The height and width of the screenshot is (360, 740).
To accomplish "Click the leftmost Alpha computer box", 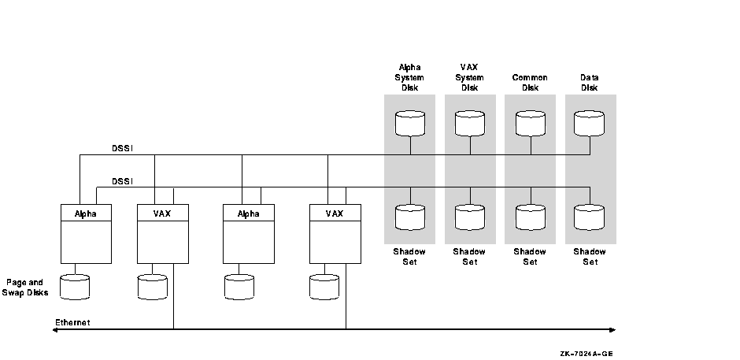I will (86, 233).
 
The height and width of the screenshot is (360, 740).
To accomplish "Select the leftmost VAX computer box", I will (163, 233).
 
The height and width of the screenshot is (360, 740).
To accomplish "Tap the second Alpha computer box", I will (249, 233).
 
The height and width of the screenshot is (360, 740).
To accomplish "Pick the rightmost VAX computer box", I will (335, 233).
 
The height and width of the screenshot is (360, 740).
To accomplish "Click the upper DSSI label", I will (122, 148).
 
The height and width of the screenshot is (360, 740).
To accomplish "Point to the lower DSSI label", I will (122, 181).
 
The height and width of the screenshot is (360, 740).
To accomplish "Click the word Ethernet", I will (72, 322).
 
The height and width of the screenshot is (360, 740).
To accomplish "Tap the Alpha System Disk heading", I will (409, 77).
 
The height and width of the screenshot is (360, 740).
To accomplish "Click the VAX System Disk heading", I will (470, 77).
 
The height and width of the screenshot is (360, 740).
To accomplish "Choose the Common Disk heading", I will (530, 83).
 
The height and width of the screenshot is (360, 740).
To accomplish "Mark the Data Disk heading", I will (590, 83).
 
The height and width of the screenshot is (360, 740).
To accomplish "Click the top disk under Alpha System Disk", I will (409, 123).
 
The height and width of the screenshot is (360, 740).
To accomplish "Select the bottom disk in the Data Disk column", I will (590, 217).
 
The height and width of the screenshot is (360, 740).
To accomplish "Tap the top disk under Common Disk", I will (530, 123).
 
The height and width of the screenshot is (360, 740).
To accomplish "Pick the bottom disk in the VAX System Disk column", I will (470, 217).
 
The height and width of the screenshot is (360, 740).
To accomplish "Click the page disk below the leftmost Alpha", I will (74, 288).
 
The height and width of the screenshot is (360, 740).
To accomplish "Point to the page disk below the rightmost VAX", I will (324, 288).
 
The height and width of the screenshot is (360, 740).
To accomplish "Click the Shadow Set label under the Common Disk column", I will (530, 257).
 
